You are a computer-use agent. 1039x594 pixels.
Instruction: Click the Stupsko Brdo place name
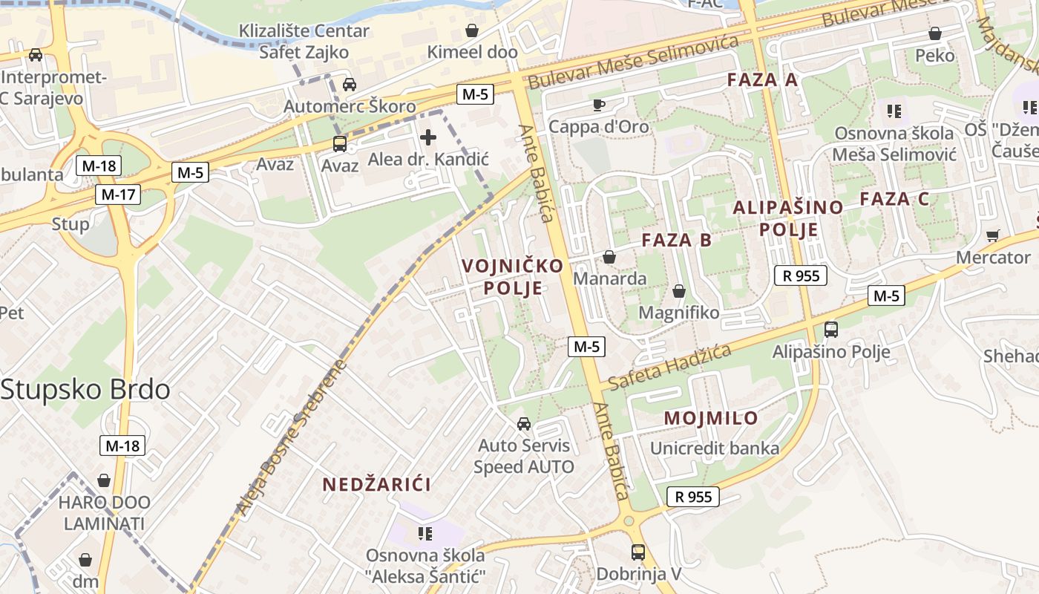point(85,390)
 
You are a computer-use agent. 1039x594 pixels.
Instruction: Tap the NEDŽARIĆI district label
point(376,485)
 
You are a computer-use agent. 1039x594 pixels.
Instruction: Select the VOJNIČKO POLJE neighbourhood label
point(513,276)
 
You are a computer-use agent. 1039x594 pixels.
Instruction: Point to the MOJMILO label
point(711,418)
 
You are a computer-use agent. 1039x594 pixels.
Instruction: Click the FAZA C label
point(894,199)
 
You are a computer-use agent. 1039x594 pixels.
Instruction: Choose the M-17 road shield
point(118,195)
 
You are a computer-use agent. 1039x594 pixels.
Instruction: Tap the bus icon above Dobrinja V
point(638,552)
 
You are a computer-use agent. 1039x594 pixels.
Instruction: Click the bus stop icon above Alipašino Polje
point(831,330)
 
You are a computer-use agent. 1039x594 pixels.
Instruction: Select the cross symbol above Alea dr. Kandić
point(428,137)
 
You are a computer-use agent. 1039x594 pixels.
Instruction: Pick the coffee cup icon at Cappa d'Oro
point(599,105)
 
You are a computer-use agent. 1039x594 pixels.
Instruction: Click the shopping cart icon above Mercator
point(993,236)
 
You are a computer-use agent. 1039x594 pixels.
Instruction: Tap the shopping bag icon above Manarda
point(609,257)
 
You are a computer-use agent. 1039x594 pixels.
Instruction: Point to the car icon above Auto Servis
point(524,424)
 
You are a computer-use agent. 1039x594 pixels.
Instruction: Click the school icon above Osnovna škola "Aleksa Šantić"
point(425,533)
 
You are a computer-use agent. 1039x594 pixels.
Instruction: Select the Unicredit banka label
point(715,448)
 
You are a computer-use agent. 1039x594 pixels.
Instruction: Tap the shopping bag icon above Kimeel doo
point(471,30)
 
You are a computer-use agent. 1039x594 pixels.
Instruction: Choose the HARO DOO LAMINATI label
point(104,513)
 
